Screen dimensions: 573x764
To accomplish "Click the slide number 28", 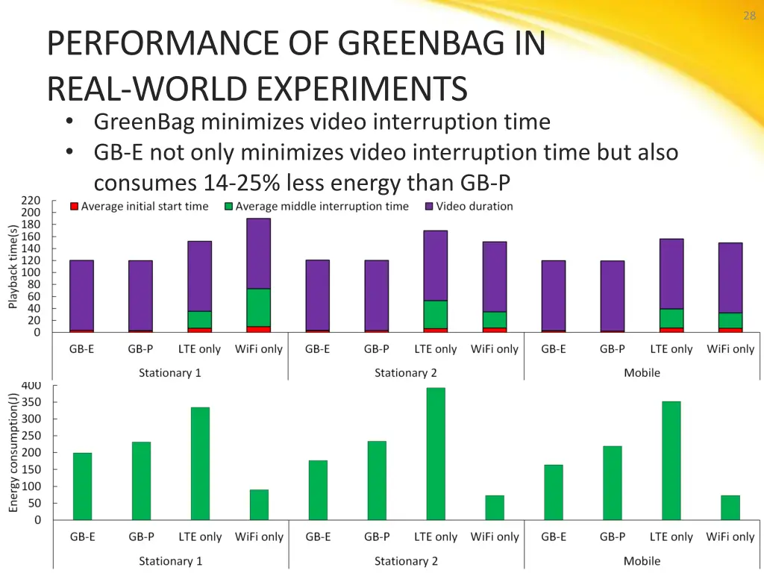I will tap(749, 16).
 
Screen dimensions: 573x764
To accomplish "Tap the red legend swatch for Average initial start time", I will tap(75, 206).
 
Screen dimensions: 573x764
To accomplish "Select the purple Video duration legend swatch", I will tap(429, 206).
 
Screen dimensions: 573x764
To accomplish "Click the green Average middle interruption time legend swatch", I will tap(229, 206).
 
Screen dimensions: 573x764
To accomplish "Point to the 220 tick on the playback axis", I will tap(31, 201).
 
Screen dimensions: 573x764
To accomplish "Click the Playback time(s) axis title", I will tap(13, 266).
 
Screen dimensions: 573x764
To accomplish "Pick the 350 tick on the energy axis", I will tap(31, 402).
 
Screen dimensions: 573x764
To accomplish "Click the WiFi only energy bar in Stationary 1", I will tap(259, 504).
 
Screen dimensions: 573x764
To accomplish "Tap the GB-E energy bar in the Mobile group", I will tap(554, 492).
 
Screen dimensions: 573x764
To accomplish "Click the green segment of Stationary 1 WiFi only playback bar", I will tap(259, 307).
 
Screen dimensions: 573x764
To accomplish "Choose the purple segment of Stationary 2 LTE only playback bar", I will tap(436, 266).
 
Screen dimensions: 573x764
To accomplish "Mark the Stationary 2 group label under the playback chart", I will tap(406, 373).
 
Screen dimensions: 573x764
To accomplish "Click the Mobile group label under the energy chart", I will tap(642, 561).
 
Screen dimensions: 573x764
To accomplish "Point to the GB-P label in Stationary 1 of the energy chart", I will tap(141, 537).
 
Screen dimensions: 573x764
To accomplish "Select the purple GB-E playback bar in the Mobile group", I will tap(554, 295).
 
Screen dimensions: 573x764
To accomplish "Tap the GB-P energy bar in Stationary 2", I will tap(377, 480).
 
